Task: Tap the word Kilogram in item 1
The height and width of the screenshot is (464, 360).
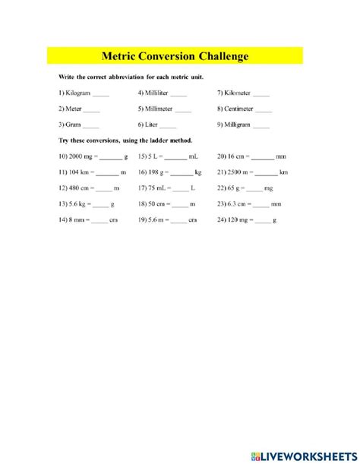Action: (78, 93)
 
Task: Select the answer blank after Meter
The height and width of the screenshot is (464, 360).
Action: (98, 109)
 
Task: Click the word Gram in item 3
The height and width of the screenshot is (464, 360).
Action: (74, 125)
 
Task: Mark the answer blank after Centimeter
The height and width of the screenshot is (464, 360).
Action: (261, 109)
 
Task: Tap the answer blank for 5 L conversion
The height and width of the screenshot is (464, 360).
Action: (175, 157)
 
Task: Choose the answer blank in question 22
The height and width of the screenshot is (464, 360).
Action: (254, 188)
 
